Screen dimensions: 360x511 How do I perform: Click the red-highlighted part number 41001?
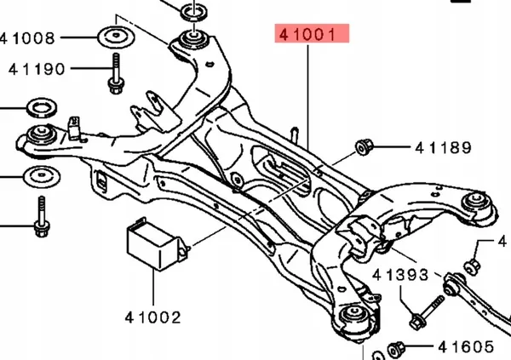point(311,35)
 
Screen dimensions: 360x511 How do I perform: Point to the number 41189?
point(444,149)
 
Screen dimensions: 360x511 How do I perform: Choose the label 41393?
point(401,277)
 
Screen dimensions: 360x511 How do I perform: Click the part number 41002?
point(154,317)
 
